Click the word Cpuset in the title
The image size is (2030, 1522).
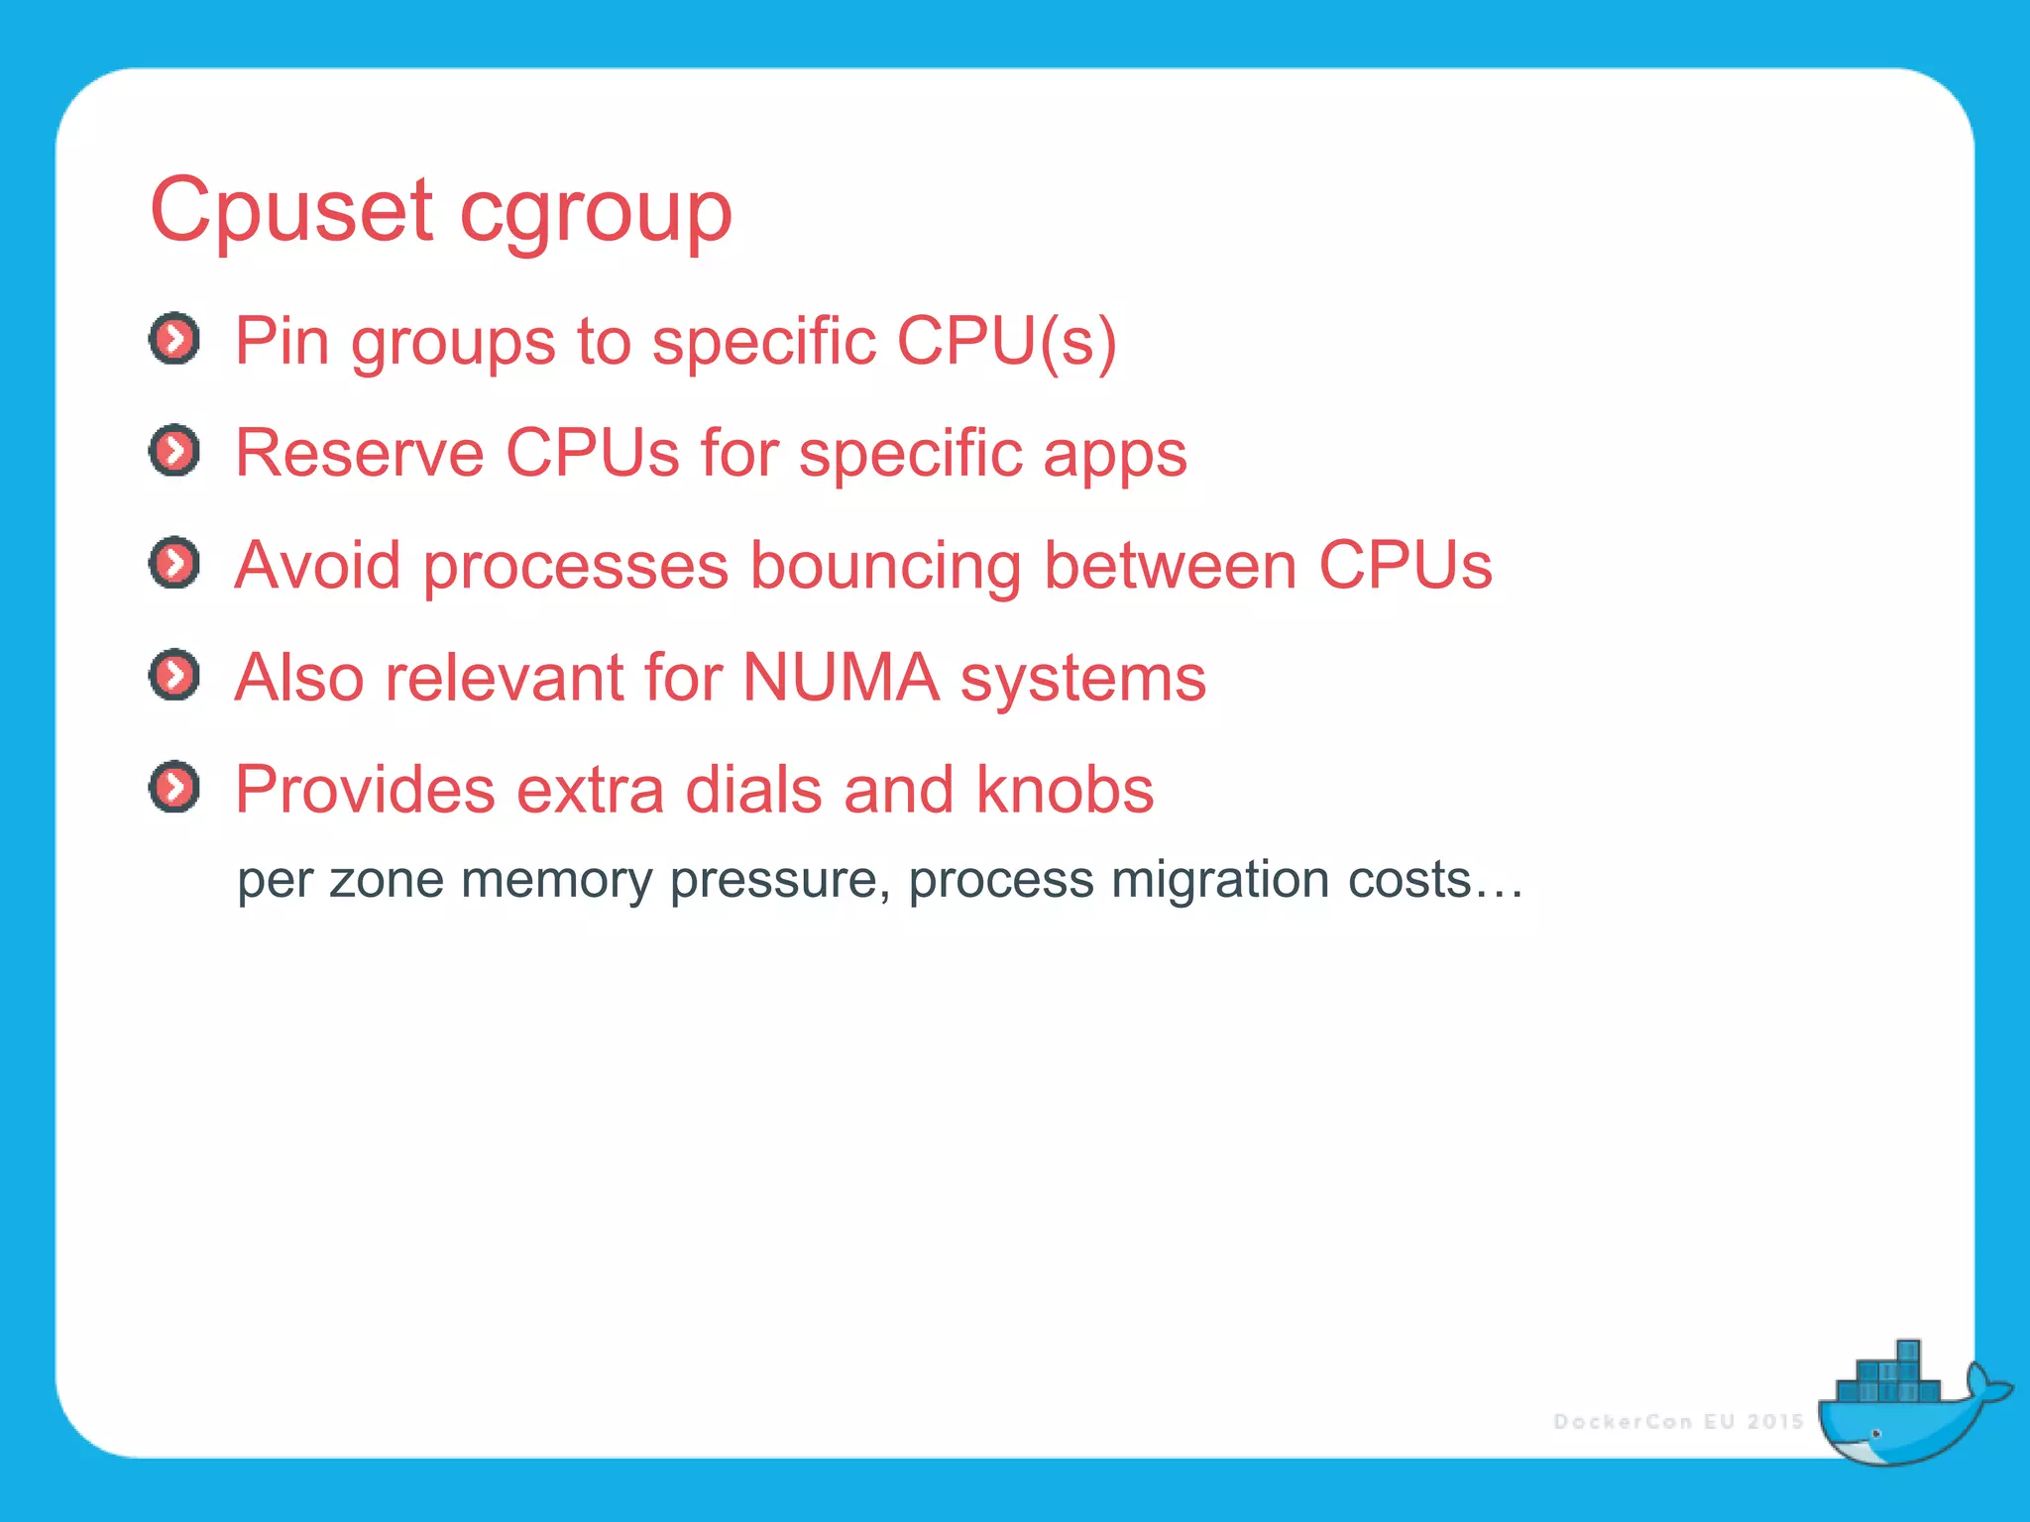pyautogui.click(x=290, y=210)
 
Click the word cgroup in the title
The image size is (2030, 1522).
pyautogui.click(x=595, y=213)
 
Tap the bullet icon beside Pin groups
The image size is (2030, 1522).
pyautogui.click(x=174, y=340)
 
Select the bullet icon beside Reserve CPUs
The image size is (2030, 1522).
pyautogui.click(x=174, y=452)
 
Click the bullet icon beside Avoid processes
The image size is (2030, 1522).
pyautogui.click(x=174, y=564)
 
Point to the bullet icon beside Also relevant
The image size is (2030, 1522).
pyautogui.click(x=174, y=676)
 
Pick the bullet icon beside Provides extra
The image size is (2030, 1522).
pyautogui.click(x=174, y=788)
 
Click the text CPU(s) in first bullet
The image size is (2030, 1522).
pyautogui.click(x=1006, y=342)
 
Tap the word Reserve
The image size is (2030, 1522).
pyautogui.click(x=360, y=454)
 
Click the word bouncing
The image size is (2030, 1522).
pyautogui.click(x=885, y=567)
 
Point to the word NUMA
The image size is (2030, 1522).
pyautogui.click(x=841, y=678)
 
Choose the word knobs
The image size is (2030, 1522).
pyautogui.click(x=1065, y=790)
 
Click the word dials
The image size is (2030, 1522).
pyautogui.click(x=753, y=790)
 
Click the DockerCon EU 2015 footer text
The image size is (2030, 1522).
pyautogui.click(x=1678, y=1422)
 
